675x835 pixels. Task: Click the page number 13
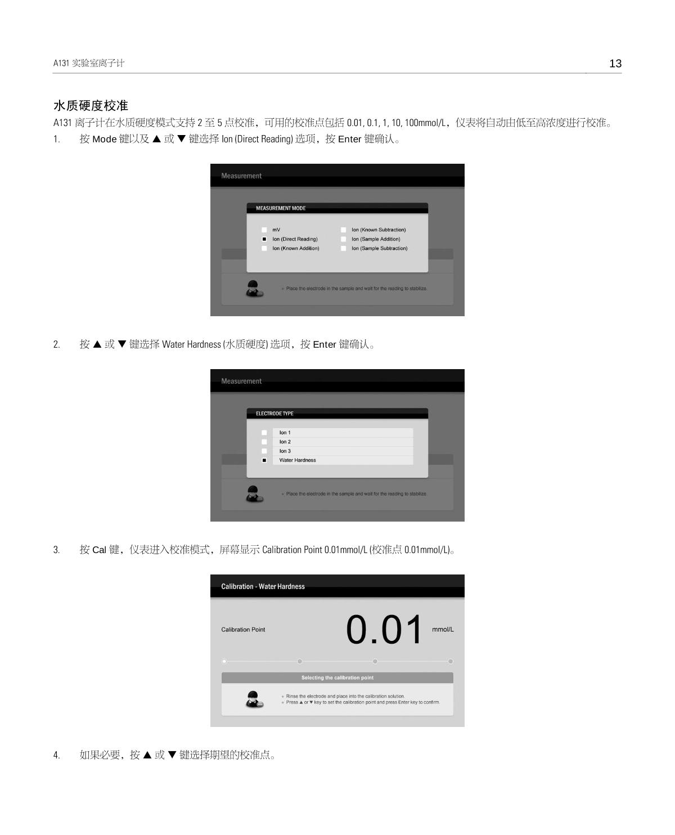615,64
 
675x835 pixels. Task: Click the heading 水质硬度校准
91,105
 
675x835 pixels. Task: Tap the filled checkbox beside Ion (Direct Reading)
264,239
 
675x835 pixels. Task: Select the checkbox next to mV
264,230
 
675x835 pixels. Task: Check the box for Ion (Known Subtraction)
343,230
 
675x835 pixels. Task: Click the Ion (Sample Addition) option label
376,239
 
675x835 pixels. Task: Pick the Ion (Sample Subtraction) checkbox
343,248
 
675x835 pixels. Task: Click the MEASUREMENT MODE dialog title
281,208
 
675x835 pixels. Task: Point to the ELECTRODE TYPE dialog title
274,414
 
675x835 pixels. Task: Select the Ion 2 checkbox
264,442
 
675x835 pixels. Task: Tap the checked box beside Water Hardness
264,460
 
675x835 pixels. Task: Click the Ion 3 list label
285,451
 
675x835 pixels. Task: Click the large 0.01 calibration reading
384,630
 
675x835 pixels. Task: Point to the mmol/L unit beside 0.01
443,629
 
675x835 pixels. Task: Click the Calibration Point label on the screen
243,630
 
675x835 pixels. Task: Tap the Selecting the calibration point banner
337,677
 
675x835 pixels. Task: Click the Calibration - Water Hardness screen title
263,586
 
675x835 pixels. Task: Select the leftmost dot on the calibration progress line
224,661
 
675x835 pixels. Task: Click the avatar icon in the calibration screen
254,699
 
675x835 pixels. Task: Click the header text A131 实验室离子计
89,63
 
